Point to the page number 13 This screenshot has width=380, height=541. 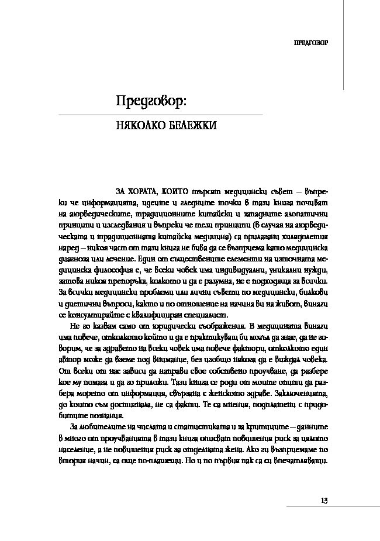tap(324, 500)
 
